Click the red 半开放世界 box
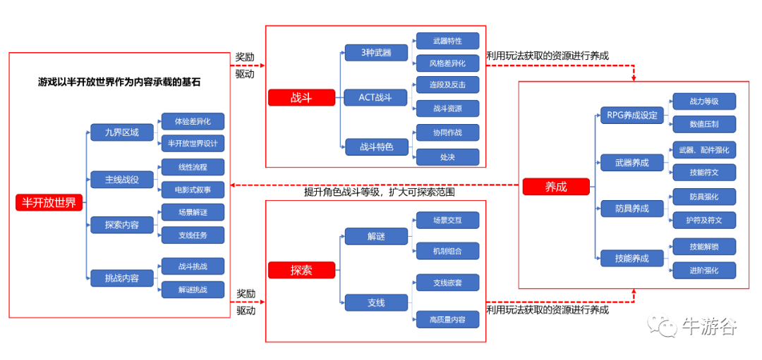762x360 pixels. point(49,203)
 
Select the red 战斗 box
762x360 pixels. point(301,98)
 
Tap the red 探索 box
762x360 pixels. point(301,270)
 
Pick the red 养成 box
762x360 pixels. point(556,187)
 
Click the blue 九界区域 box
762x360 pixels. point(122,132)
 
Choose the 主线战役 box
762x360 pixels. point(122,179)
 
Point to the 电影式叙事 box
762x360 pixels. point(193,190)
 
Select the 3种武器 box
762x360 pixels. point(376,53)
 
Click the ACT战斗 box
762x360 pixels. point(376,98)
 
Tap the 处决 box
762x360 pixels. point(447,156)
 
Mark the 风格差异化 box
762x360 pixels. point(447,63)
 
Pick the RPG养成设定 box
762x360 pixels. point(632,115)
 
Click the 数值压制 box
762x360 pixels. point(704,125)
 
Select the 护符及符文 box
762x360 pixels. point(704,220)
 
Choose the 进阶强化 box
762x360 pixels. point(704,270)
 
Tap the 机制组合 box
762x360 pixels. point(447,250)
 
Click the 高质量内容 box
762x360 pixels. point(447,319)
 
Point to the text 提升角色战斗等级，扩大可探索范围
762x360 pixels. point(380,192)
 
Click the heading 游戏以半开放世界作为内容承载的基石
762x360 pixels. point(119,82)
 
